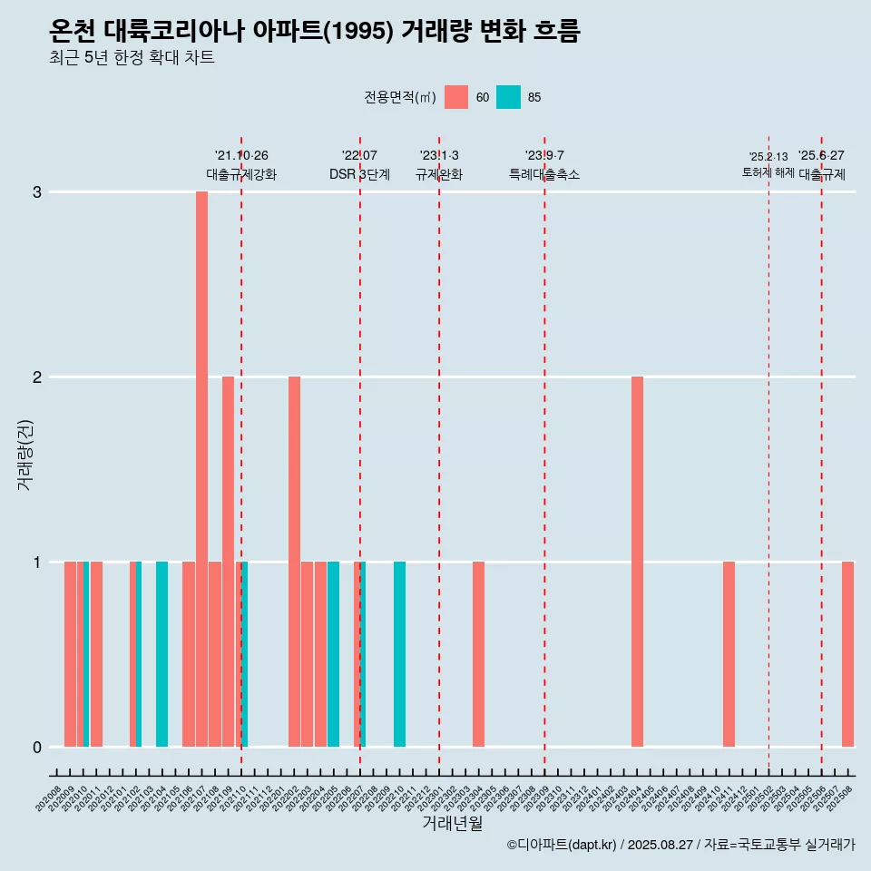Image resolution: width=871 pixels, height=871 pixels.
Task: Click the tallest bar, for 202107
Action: click(201, 469)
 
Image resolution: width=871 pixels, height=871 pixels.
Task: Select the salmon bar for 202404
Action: click(637, 562)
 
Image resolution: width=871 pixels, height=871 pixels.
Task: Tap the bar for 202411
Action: click(729, 654)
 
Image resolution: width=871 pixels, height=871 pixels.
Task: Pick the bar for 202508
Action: click(847, 654)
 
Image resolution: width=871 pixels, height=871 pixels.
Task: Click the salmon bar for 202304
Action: click(478, 654)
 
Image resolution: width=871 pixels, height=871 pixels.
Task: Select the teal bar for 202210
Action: click(399, 654)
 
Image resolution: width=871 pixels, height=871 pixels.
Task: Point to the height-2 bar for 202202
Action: click(294, 562)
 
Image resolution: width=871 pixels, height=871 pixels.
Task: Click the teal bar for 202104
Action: click(161, 654)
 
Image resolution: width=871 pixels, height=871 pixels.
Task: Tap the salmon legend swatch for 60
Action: click(456, 97)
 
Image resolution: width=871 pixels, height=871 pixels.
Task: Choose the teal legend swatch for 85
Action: click(509, 97)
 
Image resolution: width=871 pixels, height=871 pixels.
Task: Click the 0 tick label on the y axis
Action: click(37, 748)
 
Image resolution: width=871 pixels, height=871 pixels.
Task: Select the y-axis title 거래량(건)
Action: click(24, 454)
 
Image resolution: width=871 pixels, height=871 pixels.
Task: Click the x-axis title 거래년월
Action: click(452, 823)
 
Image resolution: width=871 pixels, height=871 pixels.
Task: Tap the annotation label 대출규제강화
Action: click(241, 174)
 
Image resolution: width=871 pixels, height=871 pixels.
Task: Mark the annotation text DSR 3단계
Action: click(359, 174)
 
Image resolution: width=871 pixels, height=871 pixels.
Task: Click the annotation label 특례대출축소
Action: click(544, 174)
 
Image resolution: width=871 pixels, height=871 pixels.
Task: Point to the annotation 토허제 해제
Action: click(768, 172)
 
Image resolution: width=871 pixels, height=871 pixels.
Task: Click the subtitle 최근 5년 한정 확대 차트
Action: click(132, 58)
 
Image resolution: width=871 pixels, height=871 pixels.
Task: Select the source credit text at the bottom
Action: click(680, 845)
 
